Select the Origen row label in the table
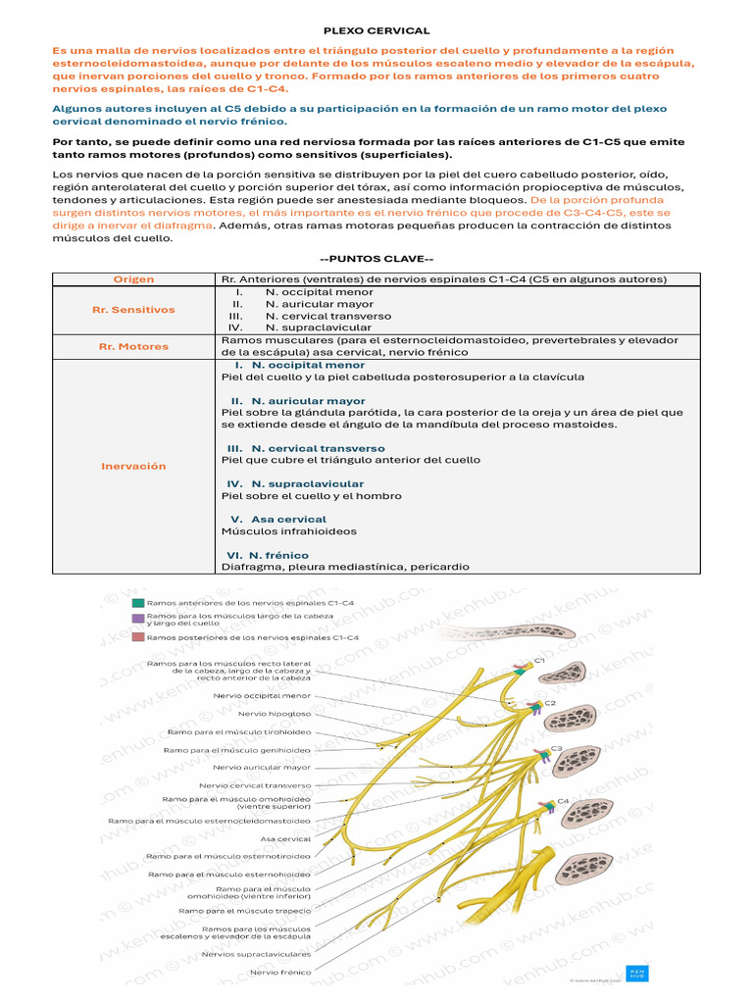point(133,279)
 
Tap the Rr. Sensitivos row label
point(133,310)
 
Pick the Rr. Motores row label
point(133,346)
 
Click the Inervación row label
point(133,466)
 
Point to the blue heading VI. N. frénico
point(268,554)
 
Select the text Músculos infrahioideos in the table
point(289,531)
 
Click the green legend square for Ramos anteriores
point(138,602)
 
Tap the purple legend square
point(138,619)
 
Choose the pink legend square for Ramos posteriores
point(138,637)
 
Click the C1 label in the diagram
point(539,662)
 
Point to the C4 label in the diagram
point(563,801)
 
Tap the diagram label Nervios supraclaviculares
point(256,953)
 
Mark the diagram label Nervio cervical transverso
point(255,785)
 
